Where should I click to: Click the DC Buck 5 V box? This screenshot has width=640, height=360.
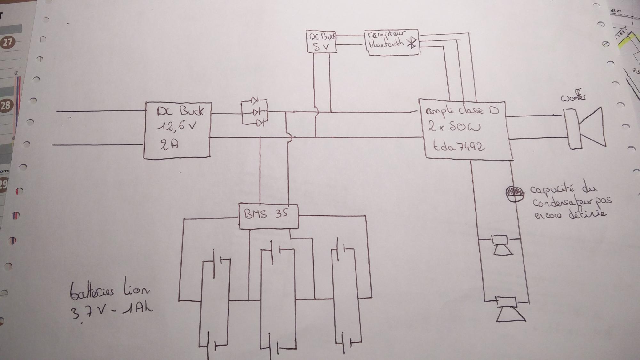[321, 42]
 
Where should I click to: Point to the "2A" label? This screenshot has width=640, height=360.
[169, 145]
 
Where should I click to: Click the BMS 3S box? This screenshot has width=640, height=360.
[268, 216]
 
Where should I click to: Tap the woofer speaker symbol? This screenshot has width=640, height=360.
[585, 128]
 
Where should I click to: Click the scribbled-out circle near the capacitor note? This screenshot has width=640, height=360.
[515, 193]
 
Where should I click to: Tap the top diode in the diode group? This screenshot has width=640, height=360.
[255, 101]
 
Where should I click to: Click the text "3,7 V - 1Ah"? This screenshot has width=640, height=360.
[111, 311]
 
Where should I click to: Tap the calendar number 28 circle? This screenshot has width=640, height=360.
[5, 105]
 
